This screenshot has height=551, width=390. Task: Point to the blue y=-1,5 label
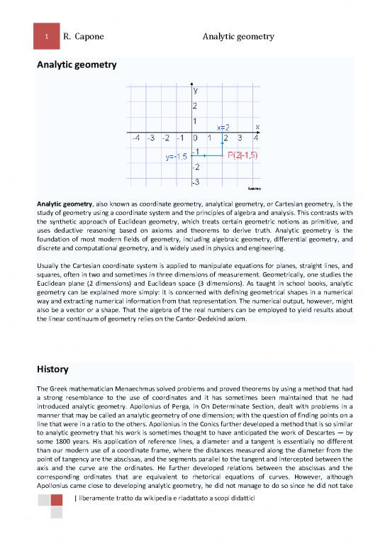[x=177, y=157]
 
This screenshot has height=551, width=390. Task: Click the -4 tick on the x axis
[x=135, y=138]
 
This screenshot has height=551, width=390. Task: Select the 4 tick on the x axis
[x=255, y=138]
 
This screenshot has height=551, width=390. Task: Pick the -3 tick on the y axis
[x=195, y=182]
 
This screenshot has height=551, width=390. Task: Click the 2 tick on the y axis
[x=194, y=106]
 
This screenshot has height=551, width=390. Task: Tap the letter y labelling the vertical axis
[x=194, y=91]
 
